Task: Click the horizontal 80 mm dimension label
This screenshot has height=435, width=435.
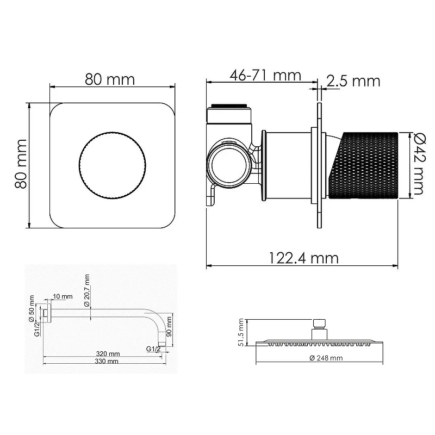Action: pos(110,79)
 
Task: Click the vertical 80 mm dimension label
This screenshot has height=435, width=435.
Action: pos(21,164)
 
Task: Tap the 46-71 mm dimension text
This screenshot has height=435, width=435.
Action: pos(265,75)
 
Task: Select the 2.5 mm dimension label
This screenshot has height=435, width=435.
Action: pos(353,81)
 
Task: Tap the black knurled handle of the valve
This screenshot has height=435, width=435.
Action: pos(363,166)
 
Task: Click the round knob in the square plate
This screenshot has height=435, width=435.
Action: pos(113,166)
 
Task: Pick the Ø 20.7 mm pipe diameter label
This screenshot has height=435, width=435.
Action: pos(87,290)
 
